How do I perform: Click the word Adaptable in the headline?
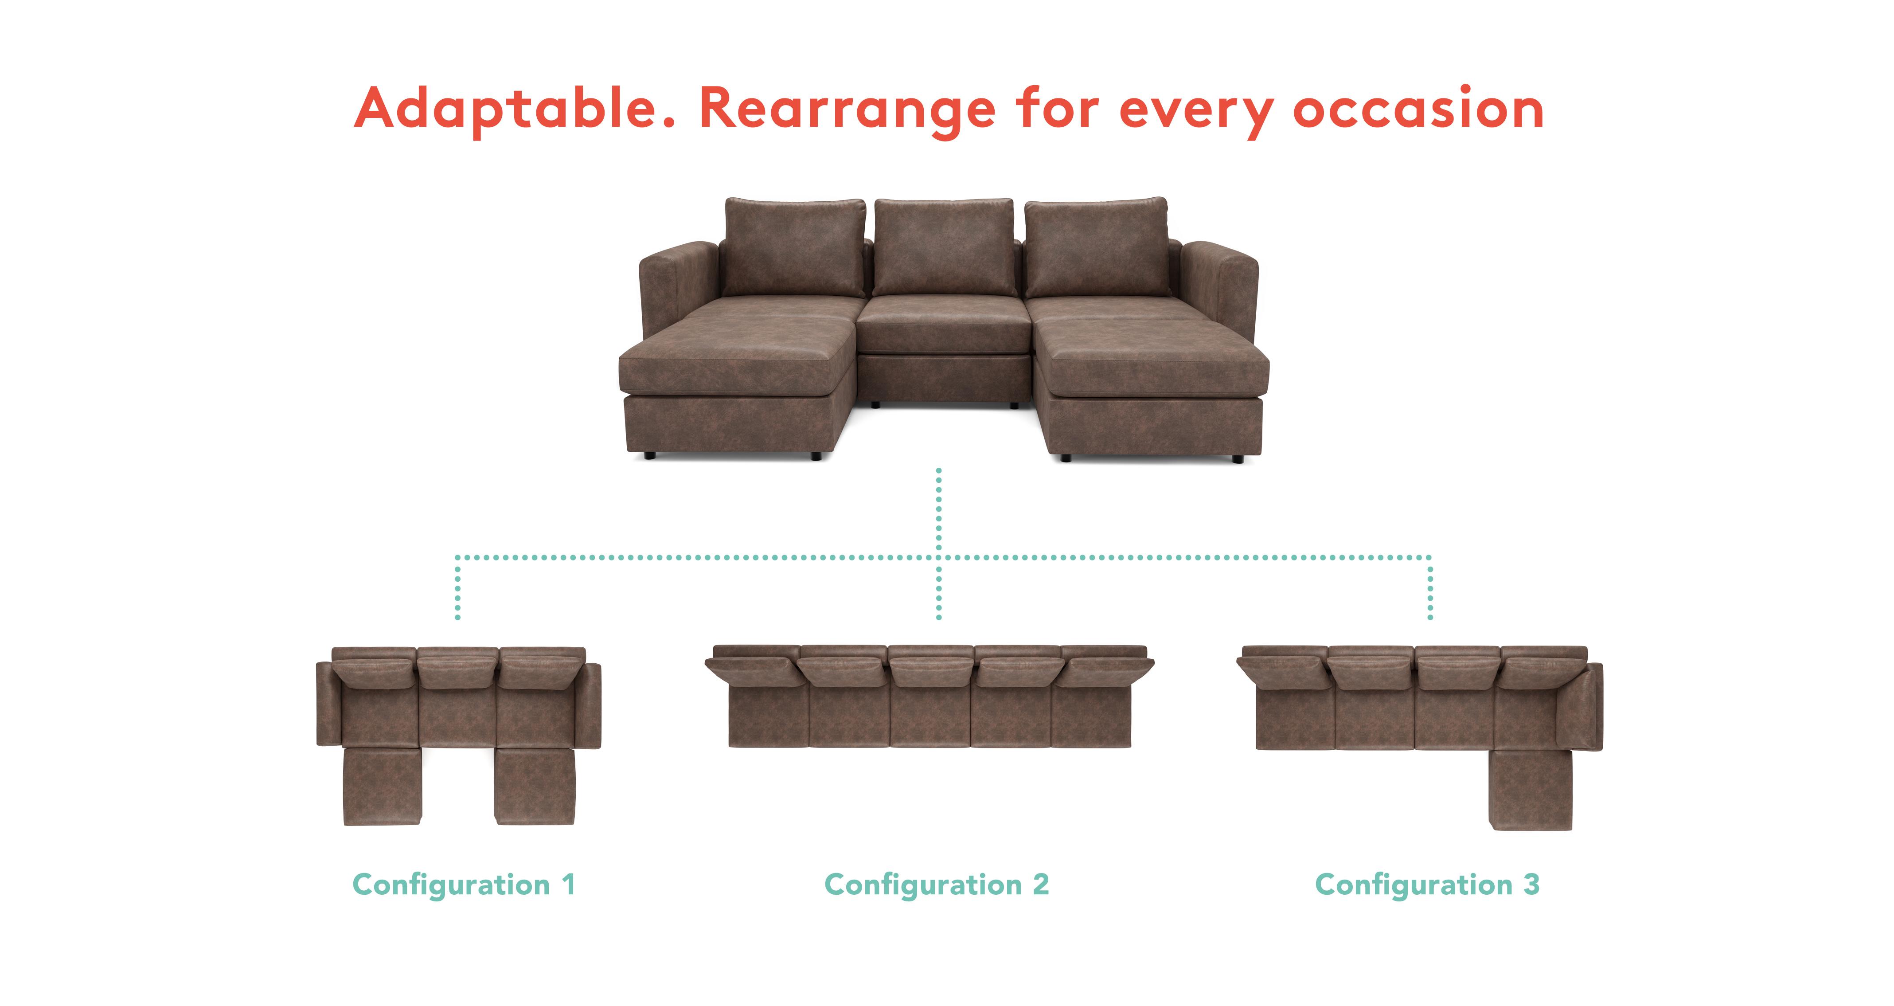[x=515, y=109]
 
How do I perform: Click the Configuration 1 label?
[x=464, y=885]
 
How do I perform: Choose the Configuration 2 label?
[x=937, y=885]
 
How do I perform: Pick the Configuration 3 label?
[x=1426, y=885]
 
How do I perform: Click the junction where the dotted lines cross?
[x=939, y=557]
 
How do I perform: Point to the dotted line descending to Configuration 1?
[x=457, y=588]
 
